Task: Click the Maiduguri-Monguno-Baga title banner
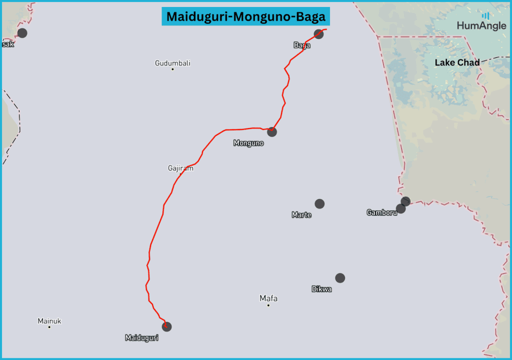245,16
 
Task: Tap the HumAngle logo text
481,26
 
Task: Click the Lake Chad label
457,62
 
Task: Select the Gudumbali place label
172,63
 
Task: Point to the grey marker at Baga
318,34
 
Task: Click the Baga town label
301,45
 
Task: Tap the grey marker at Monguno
271,132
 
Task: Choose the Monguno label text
248,143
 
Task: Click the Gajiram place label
180,168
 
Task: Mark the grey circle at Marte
319,203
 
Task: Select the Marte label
301,215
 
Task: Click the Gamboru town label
381,212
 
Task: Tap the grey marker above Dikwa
340,277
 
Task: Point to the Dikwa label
321,289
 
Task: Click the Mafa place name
268,298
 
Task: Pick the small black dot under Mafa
268,305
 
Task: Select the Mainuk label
49,321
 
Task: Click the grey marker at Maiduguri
167,326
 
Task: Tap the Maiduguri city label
141,338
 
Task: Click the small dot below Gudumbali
172,69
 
